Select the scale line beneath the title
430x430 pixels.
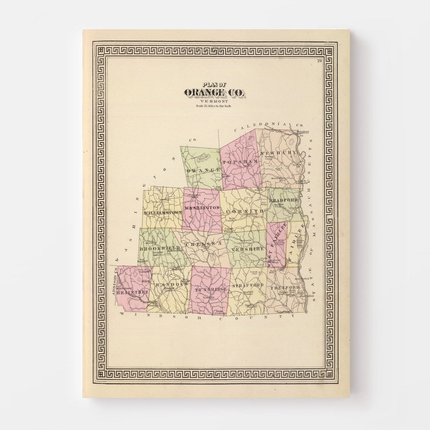pyautogui.click(x=214, y=106)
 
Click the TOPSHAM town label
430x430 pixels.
pyautogui.click(x=240, y=162)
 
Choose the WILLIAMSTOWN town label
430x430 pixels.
pyautogui.click(x=162, y=213)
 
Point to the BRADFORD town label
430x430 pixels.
pyautogui.click(x=283, y=200)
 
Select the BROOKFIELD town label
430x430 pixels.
pyautogui.click(x=159, y=248)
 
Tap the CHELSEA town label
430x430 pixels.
pyautogui.click(x=203, y=244)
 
